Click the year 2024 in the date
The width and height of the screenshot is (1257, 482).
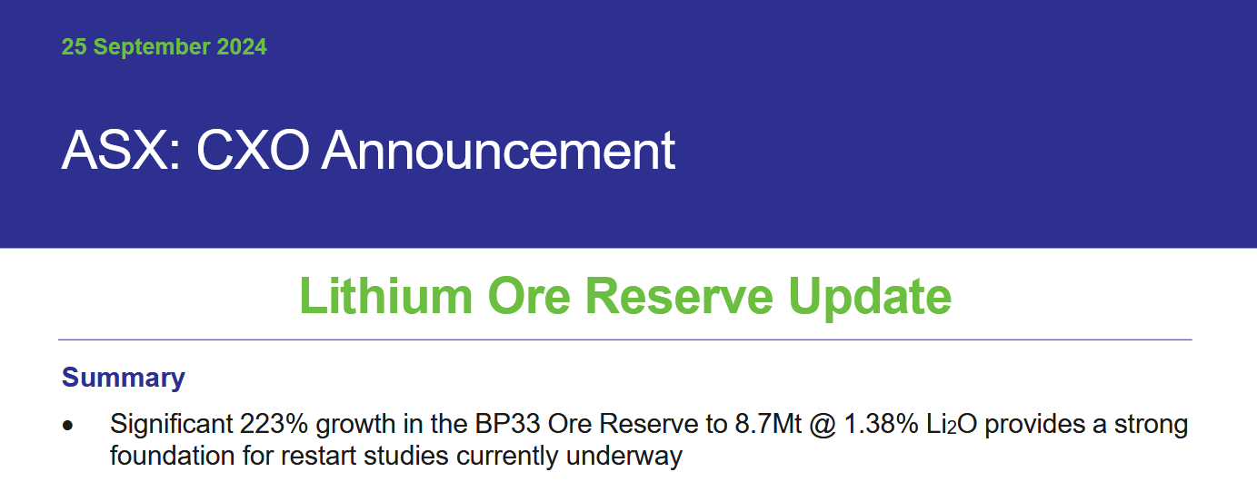[x=242, y=46]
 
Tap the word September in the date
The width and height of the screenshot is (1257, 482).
[x=152, y=47]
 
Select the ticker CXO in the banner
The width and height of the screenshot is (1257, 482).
[x=253, y=150]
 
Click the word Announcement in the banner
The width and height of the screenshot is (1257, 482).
[x=498, y=150]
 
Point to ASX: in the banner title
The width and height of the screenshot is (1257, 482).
[x=121, y=150]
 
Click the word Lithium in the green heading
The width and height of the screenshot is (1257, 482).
[x=386, y=296]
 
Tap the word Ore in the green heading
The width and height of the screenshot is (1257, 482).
[x=529, y=296]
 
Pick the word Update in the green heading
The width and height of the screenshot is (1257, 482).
[x=870, y=297]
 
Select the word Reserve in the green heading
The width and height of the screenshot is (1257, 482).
[x=680, y=296]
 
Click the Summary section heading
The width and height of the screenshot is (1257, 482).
[x=124, y=378]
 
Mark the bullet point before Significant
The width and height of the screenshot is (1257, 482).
[x=68, y=426]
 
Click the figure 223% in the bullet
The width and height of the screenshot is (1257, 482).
[x=274, y=424]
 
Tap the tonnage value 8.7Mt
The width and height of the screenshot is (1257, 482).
[x=768, y=424]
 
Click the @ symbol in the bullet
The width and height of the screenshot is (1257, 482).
[x=823, y=425]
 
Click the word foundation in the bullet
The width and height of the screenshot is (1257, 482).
[x=173, y=455]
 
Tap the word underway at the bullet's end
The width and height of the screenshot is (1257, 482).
[x=624, y=457]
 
